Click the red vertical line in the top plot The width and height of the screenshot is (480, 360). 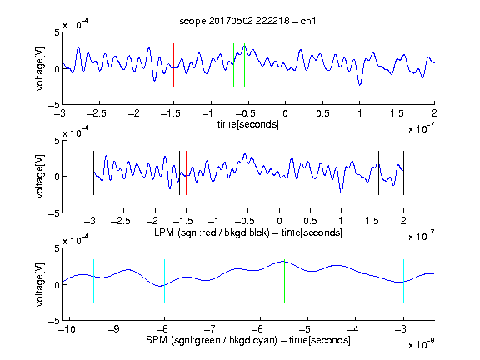pyautogui.click(x=173, y=65)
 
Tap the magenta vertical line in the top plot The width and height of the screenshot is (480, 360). pyautogui.click(x=397, y=65)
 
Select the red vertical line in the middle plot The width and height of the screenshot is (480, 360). pyautogui.click(x=186, y=173)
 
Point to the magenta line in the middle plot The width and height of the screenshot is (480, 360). pyautogui.click(x=372, y=173)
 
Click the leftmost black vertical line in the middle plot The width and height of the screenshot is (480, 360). pyautogui.click(x=93, y=173)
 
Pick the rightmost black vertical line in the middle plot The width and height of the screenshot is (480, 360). pyautogui.click(x=403, y=173)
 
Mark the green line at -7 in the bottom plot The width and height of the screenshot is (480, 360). pyautogui.click(x=212, y=281)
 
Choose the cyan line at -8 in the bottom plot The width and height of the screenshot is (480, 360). pyautogui.click(x=165, y=281)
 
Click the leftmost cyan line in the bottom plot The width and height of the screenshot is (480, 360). pyautogui.click(x=93, y=281)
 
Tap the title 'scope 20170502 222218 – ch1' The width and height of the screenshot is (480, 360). pyautogui.click(x=247, y=21)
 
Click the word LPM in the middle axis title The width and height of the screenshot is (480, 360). pyautogui.click(x=164, y=232)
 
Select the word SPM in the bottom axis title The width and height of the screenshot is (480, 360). pyautogui.click(x=157, y=340)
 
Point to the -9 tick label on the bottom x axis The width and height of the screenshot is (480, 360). pyautogui.click(x=114, y=329)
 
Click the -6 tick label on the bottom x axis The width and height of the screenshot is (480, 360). pyautogui.click(x=257, y=329)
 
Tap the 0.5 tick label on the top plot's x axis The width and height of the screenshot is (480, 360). pyautogui.click(x=322, y=113)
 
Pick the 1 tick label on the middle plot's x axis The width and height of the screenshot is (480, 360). pyautogui.click(x=342, y=221)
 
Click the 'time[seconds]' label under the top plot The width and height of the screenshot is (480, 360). pyautogui.click(x=248, y=124)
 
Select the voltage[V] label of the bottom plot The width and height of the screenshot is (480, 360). pyautogui.click(x=40, y=284)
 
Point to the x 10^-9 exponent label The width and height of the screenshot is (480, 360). pyautogui.click(x=421, y=344)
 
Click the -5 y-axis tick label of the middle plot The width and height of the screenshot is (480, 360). pyautogui.click(x=54, y=213)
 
